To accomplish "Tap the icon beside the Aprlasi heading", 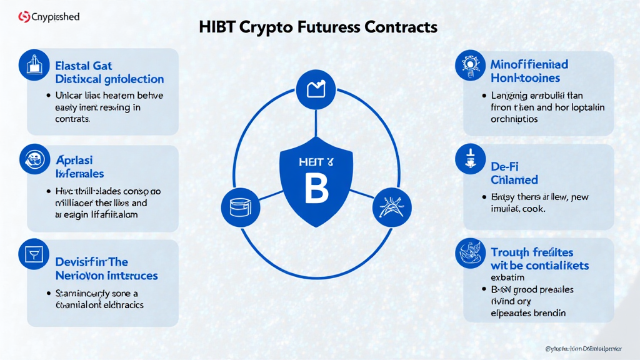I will coord(34,159).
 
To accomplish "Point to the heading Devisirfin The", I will coord(91,261).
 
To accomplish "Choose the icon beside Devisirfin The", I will coord(34,254).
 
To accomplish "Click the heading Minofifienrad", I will coord(529,64).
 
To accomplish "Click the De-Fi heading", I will coord(505,167).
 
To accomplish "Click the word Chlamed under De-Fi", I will coord(514,180).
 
